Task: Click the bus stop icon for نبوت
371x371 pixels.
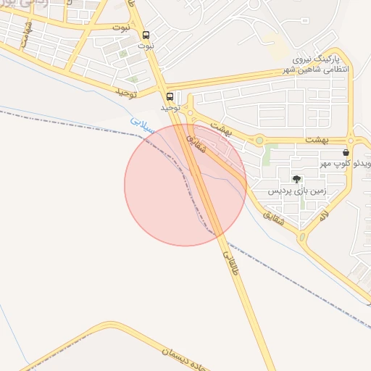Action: [147, 35]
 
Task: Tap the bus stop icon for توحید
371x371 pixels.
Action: [170, 96]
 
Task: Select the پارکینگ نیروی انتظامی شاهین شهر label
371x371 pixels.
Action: [320, 64]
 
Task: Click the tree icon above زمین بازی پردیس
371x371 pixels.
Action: [296, 178]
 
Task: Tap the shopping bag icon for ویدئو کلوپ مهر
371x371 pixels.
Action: [346, 153]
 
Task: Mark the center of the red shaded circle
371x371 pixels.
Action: [185, 185]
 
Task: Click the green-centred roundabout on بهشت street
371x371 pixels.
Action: [259, 140]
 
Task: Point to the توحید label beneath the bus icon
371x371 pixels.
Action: [171, 107]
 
